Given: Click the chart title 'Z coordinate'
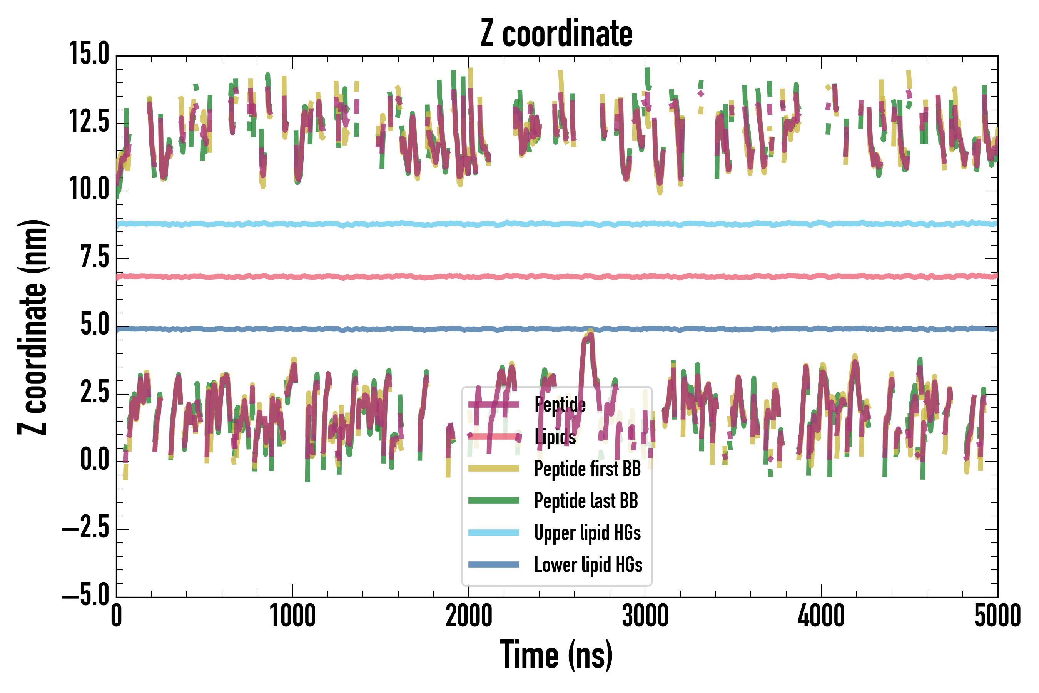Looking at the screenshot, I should [x=556, y=33].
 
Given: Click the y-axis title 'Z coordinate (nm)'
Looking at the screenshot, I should [x=33, y=326].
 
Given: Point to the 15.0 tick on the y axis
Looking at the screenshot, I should [x=89, y=54].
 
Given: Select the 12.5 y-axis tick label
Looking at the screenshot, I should [x=89, y=122].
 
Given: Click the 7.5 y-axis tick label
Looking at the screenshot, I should [x=94, y=258].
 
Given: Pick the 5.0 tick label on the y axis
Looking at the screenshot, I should [x=94, y=325].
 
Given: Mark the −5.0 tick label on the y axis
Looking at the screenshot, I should [x=86, y=596].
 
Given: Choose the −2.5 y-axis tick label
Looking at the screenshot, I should [x=86, y=529].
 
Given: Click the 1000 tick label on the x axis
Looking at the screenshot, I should [x=292, y=616].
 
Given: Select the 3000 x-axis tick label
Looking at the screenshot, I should [x=645, y=616].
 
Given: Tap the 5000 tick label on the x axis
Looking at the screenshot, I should [x=997, y=616].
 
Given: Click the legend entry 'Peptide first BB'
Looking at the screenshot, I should [x=587, y=469].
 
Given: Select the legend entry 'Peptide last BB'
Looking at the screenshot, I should [x=586, y=501].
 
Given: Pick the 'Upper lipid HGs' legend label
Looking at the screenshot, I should [x=587, y=532].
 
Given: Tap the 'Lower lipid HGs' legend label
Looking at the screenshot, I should [x=588, y=564].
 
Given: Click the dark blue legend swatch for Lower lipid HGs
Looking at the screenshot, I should [x=493, y=564].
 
